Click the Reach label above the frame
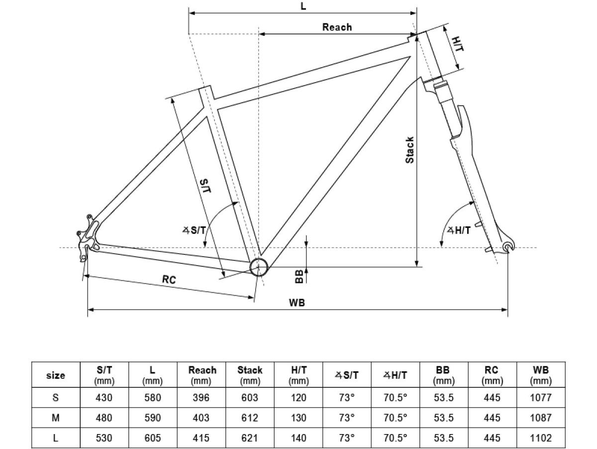coord(337,27)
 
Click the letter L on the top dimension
coord(303,6)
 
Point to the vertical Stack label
coord(409,150)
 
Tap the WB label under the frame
coord(297,302)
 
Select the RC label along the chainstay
coord(169,280)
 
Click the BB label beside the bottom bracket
coord(299,277)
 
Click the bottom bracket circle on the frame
coord(259,267)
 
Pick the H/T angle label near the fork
coord(459,230)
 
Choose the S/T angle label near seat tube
coord(194,230)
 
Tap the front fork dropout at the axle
coord(507,246)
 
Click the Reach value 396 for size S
coord(202,398)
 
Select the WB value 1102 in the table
coord(541,438)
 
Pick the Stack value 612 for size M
coord(250,418)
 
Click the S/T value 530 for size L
coord(104,438)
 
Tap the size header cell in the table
coord(55,375)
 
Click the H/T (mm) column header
coord(298,375)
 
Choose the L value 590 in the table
coord(152,418)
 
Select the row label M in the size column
coord(55,418)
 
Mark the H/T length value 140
coord(298,438)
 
